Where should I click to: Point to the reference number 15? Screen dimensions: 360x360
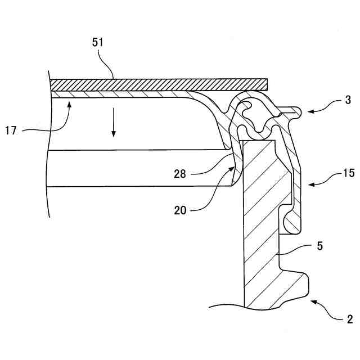coord(349,173)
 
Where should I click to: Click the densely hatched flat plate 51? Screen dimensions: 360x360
coord(157,84)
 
